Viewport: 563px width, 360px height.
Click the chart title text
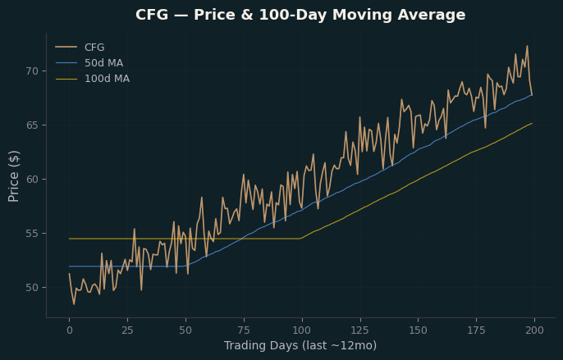tap(300, 15)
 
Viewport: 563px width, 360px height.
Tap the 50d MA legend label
tap(103, 63)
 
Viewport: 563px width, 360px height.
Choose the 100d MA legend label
tap(107, 79)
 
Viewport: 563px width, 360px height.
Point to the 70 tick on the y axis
tap(32, 71)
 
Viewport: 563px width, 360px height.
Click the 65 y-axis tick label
tap(32, 125)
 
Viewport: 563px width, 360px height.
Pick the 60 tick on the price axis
tap(32, 180)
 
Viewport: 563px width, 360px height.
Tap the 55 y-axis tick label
tap(32, 234)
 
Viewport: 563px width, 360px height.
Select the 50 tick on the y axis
tap(32, 288)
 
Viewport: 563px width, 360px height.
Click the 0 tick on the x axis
tap(69, 330)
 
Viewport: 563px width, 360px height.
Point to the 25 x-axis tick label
tap(127, 330)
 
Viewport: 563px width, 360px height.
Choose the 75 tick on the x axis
tap(244, 330)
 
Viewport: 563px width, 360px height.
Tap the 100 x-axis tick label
tap(302, 330)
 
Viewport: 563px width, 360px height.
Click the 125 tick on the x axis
tap(360, 330)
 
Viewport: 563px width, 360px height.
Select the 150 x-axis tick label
tap(419, 330)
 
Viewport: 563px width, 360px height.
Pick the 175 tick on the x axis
tap(477, 330)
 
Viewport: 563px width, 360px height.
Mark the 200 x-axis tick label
tap(534, 330)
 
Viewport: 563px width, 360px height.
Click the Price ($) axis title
tap(14, 176)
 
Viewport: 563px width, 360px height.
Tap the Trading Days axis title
tap(300, 345)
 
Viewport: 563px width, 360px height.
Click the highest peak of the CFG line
tap(527, 46)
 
